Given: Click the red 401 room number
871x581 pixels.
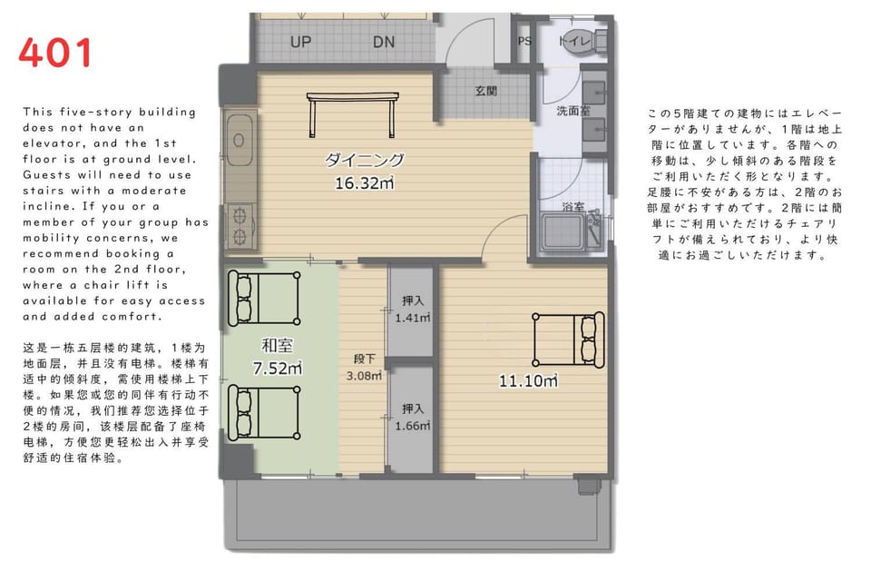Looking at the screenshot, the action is tap(55, 53).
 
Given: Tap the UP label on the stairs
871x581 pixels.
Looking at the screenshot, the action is tap(300, 42).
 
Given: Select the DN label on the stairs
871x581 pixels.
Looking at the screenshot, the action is tap(384, 42).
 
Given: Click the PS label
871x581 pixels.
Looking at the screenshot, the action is tap(524, 41).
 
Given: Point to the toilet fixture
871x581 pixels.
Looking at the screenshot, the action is tap(584, 41).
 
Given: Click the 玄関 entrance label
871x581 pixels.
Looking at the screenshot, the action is tap(486, 91).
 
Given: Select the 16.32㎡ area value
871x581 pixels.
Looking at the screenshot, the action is tap(365, 182).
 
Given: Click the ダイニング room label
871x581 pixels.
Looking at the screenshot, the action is tap(365, 160).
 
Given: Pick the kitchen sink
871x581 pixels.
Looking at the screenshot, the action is tap(240, 141).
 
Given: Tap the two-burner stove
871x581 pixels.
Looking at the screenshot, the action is tap(240, 226).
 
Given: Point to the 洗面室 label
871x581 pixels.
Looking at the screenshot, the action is tap(573, 111).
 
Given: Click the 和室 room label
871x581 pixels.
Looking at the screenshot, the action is tap(278, 346).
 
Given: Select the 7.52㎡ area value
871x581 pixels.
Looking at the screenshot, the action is tap(278, 368).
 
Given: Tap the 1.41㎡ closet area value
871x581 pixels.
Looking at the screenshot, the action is tap(413, 318).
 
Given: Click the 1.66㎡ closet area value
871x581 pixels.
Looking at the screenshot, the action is tap(413, 426).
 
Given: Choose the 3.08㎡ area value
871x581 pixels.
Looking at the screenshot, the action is tap(365, 376).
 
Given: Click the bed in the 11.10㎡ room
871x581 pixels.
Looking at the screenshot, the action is tap(568, 340).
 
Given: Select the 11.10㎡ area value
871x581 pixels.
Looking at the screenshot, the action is tap(528, 381).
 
